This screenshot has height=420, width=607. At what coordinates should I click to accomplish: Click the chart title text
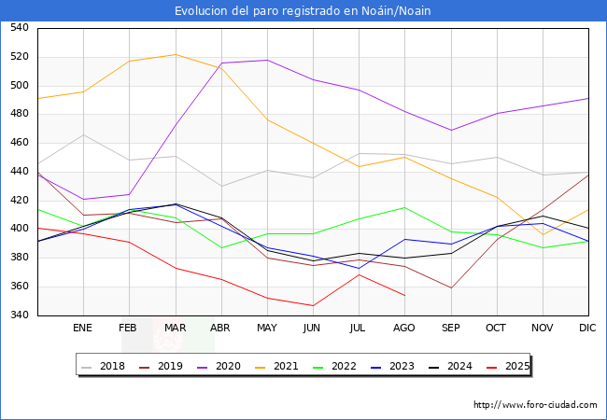(x=303, y=10)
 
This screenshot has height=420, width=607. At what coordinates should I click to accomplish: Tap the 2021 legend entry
(x=286, y=366)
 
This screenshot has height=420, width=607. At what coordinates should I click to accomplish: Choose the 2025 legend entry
(x=515, y=366)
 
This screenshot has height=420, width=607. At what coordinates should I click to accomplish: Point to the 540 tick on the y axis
(x=19, y=28)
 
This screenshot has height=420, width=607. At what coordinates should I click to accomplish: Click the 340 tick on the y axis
(x=19, y=315)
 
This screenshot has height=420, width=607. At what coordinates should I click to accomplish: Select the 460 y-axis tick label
(x=19, y=143)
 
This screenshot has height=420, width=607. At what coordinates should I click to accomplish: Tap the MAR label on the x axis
(x=175, y=329)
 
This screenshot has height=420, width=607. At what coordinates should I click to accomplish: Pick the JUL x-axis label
(x=359, y=329)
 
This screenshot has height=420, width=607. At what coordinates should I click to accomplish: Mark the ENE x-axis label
(x=83, y=329)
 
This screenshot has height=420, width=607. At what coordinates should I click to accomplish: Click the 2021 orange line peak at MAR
(x=175, y=54)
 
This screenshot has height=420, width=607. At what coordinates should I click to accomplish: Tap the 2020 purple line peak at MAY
(x=267, y=60)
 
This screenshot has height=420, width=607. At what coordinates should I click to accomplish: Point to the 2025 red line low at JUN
(x=313, y=305)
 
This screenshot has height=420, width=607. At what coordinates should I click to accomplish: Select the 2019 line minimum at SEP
(x=450, y=287)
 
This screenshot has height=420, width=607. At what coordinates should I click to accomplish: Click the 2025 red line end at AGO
(x=404, y=295)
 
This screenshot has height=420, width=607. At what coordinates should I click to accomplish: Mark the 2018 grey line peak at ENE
(x=83, y=134)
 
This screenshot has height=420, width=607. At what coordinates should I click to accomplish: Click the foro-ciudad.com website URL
(x=535, y=405)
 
